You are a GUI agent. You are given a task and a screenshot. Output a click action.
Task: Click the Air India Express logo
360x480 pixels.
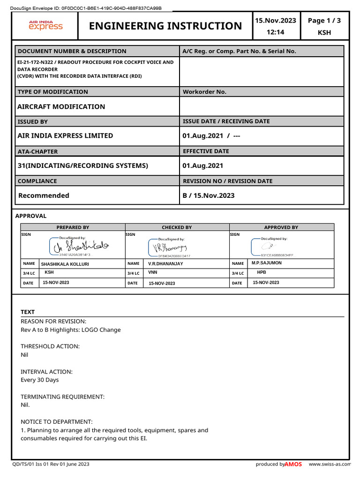click(x=45, y=25)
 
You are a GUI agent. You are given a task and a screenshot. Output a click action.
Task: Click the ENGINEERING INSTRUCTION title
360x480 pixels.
click(x=165, y=26)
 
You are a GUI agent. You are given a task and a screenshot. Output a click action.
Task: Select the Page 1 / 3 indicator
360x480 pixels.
click(x=324, y=20)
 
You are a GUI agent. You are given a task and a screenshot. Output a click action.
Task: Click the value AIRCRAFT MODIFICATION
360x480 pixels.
click(x=61, y=106)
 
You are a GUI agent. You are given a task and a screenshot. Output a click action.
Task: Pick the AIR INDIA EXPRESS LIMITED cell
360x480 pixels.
click(x=65, y=135)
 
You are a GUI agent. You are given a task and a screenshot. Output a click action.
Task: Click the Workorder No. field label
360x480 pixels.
click(x=204, y=92)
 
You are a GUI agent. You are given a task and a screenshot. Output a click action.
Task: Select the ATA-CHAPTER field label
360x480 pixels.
click(x=37, y=151)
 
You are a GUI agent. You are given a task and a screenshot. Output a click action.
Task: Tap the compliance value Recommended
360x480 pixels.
click(x=44, y=195)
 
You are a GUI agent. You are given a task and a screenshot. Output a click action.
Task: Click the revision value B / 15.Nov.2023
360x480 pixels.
click(x=209, y=195)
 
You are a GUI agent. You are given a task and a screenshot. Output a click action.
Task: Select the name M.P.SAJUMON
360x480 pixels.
click(x=267, y=263)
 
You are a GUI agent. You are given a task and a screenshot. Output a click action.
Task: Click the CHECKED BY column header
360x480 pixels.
click(x=177, y=227)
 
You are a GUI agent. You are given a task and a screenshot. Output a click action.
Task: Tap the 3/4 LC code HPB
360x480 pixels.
click(x=262, y=272)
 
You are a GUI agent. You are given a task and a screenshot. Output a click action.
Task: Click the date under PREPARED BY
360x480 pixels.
click(x=56, y=283)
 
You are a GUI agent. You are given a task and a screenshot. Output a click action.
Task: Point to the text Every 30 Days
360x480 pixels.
click(x=40, y=380)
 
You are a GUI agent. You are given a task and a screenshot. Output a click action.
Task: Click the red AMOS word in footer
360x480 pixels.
click(x=293, y=464)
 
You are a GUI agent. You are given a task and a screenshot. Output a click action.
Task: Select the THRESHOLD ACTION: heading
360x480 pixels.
click(x=50, y=346)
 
